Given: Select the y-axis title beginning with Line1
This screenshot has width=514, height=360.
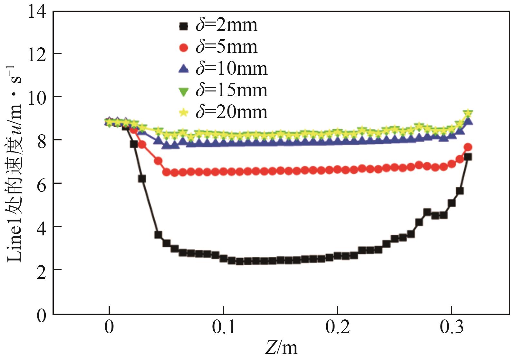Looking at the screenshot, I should click(x=15, y=164).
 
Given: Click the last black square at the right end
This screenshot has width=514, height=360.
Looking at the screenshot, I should click(x=468, y=157).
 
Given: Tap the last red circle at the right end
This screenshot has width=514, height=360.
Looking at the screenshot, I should click(x=468, y=147).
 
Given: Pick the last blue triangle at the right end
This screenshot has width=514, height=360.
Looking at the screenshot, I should click(x=469, y=121).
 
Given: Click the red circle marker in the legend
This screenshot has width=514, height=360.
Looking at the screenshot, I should click(x=183, y=48).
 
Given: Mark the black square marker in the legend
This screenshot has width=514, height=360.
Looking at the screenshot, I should click(x=183, y=26).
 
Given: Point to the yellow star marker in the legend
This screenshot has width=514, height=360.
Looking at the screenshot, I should click(x=183, y=113).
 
